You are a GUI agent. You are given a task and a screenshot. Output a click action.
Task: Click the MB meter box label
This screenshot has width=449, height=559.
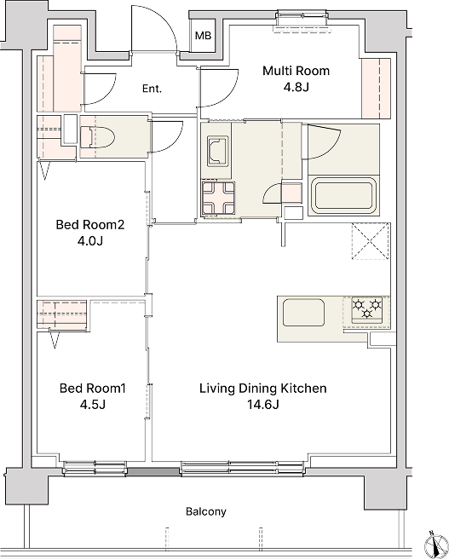tap(203, 36)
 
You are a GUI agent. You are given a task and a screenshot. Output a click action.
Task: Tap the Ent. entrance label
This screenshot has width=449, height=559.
tap(152, 89)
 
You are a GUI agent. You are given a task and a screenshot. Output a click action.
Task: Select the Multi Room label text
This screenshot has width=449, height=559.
tap(296, 71)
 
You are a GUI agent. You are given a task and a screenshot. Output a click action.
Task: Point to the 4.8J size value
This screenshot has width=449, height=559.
tap(296, 87)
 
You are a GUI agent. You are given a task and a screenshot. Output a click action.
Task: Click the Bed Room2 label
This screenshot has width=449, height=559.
tap(90, 225)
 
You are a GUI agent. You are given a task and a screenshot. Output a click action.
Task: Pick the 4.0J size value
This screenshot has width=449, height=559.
tap(90, 241)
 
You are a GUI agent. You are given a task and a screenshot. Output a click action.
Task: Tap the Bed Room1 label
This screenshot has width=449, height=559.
tap(93, 388)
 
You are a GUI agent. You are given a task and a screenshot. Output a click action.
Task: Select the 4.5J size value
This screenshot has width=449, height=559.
tap(93, 405)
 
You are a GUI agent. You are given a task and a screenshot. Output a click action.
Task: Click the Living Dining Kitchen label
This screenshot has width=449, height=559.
tap(263, 388)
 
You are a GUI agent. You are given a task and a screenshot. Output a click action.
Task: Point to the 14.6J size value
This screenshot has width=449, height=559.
tap(263, 405)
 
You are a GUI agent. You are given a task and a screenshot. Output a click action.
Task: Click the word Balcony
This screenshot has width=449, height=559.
tap(206, 512)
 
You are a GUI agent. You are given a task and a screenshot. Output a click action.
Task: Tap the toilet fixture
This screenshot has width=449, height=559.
tap(97, 137)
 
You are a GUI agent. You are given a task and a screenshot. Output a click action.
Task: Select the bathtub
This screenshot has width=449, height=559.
tap(343, 196)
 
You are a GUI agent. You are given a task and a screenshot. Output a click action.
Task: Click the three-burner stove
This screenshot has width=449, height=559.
tap(367, 310)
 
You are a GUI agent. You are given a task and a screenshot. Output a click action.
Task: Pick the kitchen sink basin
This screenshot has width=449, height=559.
tap(303, 312)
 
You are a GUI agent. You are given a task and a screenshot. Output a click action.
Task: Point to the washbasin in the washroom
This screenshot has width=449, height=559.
tap(218, 151)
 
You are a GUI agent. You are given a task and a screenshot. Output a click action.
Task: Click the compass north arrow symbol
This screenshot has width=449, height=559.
tap(436, 545)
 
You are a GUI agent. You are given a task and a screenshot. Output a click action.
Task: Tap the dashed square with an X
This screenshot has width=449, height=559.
tap(370, 241)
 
